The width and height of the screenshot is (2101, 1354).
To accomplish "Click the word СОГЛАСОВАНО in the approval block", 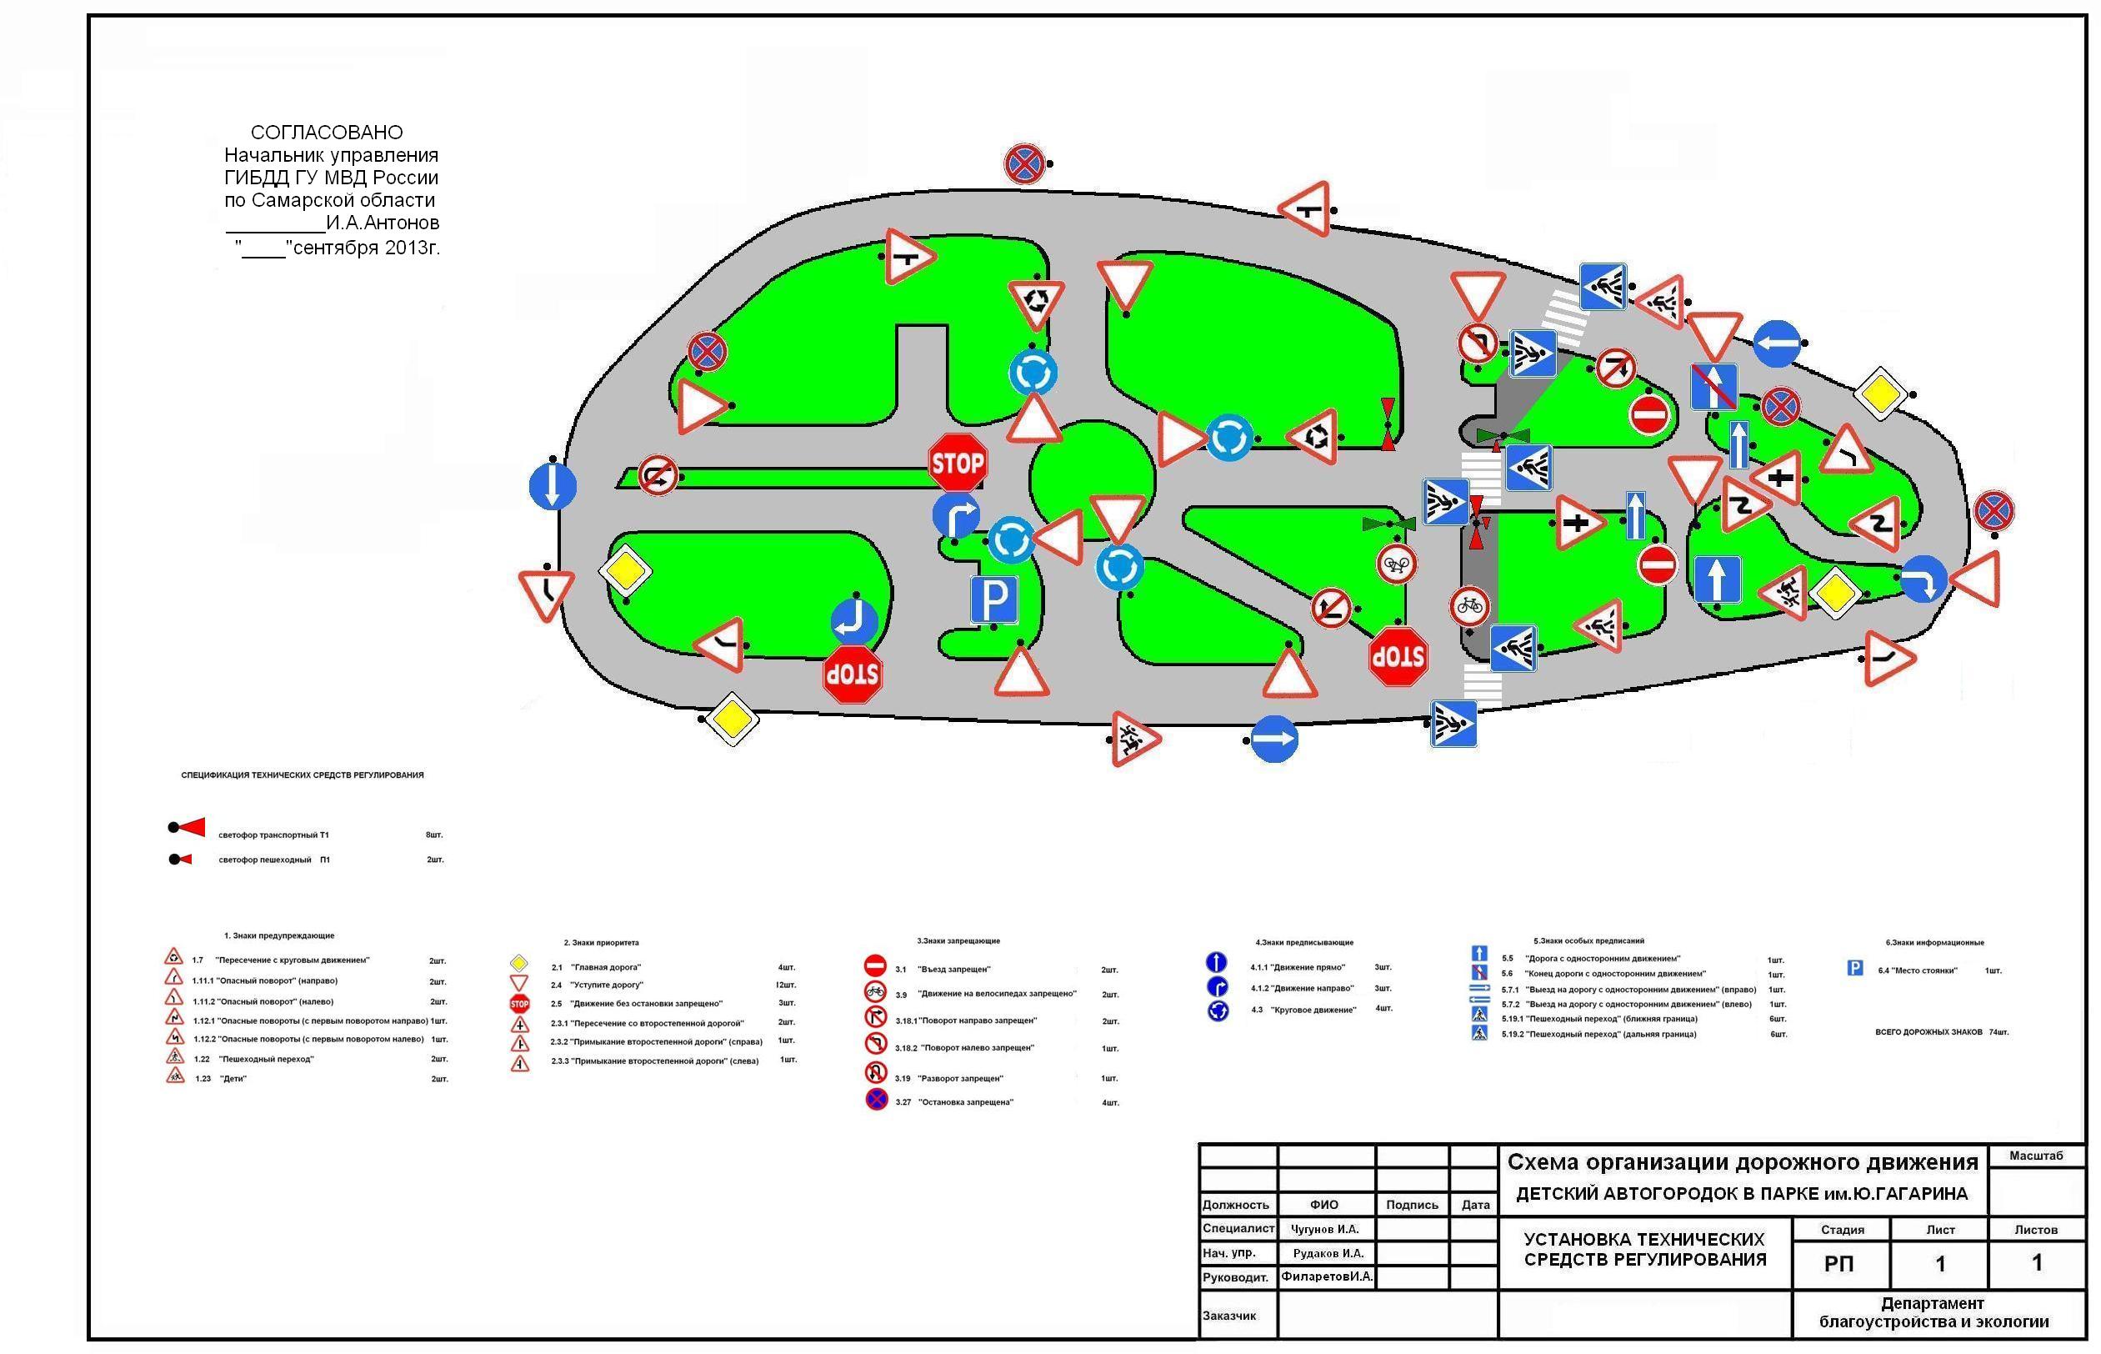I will (327, 133).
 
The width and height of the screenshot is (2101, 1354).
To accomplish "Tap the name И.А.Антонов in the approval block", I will (383, 223).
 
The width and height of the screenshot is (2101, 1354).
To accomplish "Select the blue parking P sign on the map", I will (993, 600).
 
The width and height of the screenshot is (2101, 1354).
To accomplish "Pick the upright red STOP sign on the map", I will (957, 463).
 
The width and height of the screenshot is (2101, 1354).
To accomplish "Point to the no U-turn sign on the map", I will (658, 476).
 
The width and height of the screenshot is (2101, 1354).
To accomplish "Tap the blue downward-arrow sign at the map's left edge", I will (553, 487).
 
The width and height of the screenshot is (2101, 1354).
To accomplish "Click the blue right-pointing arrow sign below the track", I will (1274, 740).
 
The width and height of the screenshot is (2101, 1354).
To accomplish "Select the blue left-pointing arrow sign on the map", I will (1777, 344).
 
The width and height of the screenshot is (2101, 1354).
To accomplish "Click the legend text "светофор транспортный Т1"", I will (273, 835).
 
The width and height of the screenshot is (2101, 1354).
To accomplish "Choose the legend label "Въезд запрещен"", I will (954, 970).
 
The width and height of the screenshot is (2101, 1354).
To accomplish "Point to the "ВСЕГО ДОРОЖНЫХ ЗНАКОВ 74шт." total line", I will (1941, 1032).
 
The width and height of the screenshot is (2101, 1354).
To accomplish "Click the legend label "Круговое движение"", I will (1313, 1010).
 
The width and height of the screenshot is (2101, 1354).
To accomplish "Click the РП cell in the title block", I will (1838, 1264).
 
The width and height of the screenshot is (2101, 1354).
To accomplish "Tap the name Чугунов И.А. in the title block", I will (1324, 1229).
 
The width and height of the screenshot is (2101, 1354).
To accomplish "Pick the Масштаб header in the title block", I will (2035, 1156).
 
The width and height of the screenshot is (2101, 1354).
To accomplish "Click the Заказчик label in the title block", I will (1229, 1316).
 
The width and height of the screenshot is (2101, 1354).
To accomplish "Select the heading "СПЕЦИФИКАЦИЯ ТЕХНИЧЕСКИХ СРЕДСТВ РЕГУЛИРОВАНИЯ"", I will (303, 775).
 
